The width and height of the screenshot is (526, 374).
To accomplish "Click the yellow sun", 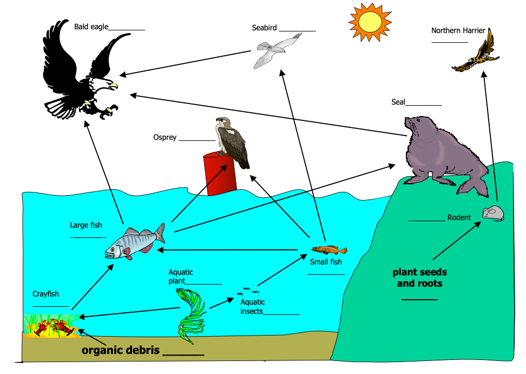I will (x=370, y=21).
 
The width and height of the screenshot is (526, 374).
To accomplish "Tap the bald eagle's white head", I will (x=106, y=84).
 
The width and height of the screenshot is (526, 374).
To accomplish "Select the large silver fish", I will (x=135, y=242).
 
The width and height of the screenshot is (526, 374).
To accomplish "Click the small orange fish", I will (x=329, y=250).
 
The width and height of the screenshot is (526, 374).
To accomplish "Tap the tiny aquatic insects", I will (x=246, y=291).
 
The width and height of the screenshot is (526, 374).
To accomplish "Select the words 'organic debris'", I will (x=121, y=350).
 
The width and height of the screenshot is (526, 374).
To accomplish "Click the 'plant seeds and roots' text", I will (x=420, y=278).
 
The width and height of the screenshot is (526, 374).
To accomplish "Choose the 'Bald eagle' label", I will (x=91, y=25).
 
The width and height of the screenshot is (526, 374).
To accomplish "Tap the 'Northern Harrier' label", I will (x=458, y=30).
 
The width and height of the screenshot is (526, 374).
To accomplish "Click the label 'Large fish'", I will (x=86, y=225).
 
